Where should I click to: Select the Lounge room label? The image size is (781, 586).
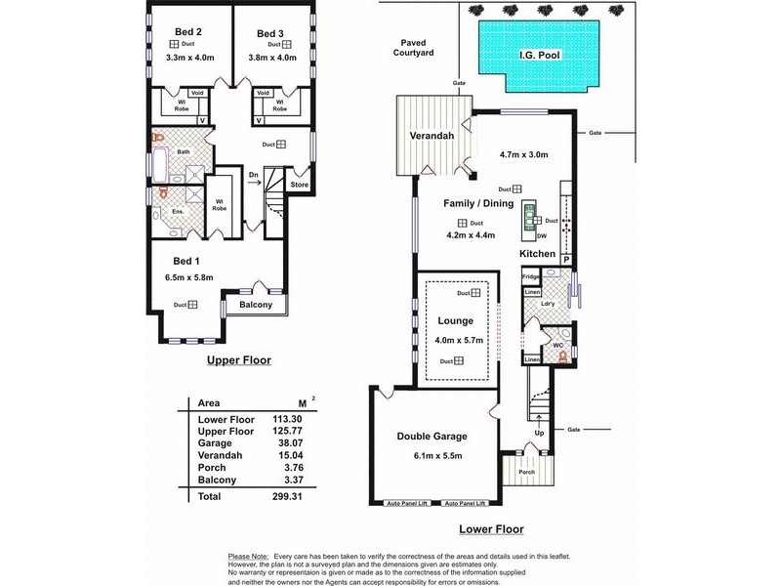[456, 320]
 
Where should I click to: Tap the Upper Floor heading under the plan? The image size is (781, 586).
[238, 360]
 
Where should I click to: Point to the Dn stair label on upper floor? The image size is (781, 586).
[254, 176]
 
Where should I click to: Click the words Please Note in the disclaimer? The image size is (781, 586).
[246, 554]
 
